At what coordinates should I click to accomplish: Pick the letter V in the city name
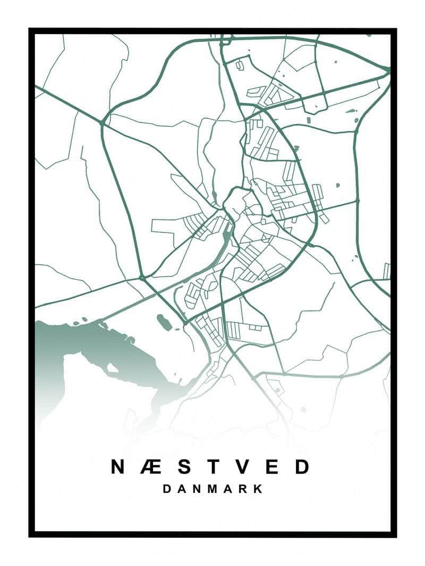point(243,467)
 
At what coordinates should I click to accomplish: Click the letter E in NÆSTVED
point(273,467)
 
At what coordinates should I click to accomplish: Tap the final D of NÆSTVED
point(302,467)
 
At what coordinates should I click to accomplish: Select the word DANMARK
point(212,489)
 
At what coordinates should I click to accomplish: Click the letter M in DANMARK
point(213,489)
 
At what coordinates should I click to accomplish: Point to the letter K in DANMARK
point(258,489)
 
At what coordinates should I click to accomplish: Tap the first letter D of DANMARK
point(167,489)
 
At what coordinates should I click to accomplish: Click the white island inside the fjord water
point(113,367)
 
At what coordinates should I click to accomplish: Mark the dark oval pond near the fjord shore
point(164,321)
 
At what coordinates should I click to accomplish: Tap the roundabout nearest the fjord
point(142,277)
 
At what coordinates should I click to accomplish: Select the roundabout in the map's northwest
point(102,123)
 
